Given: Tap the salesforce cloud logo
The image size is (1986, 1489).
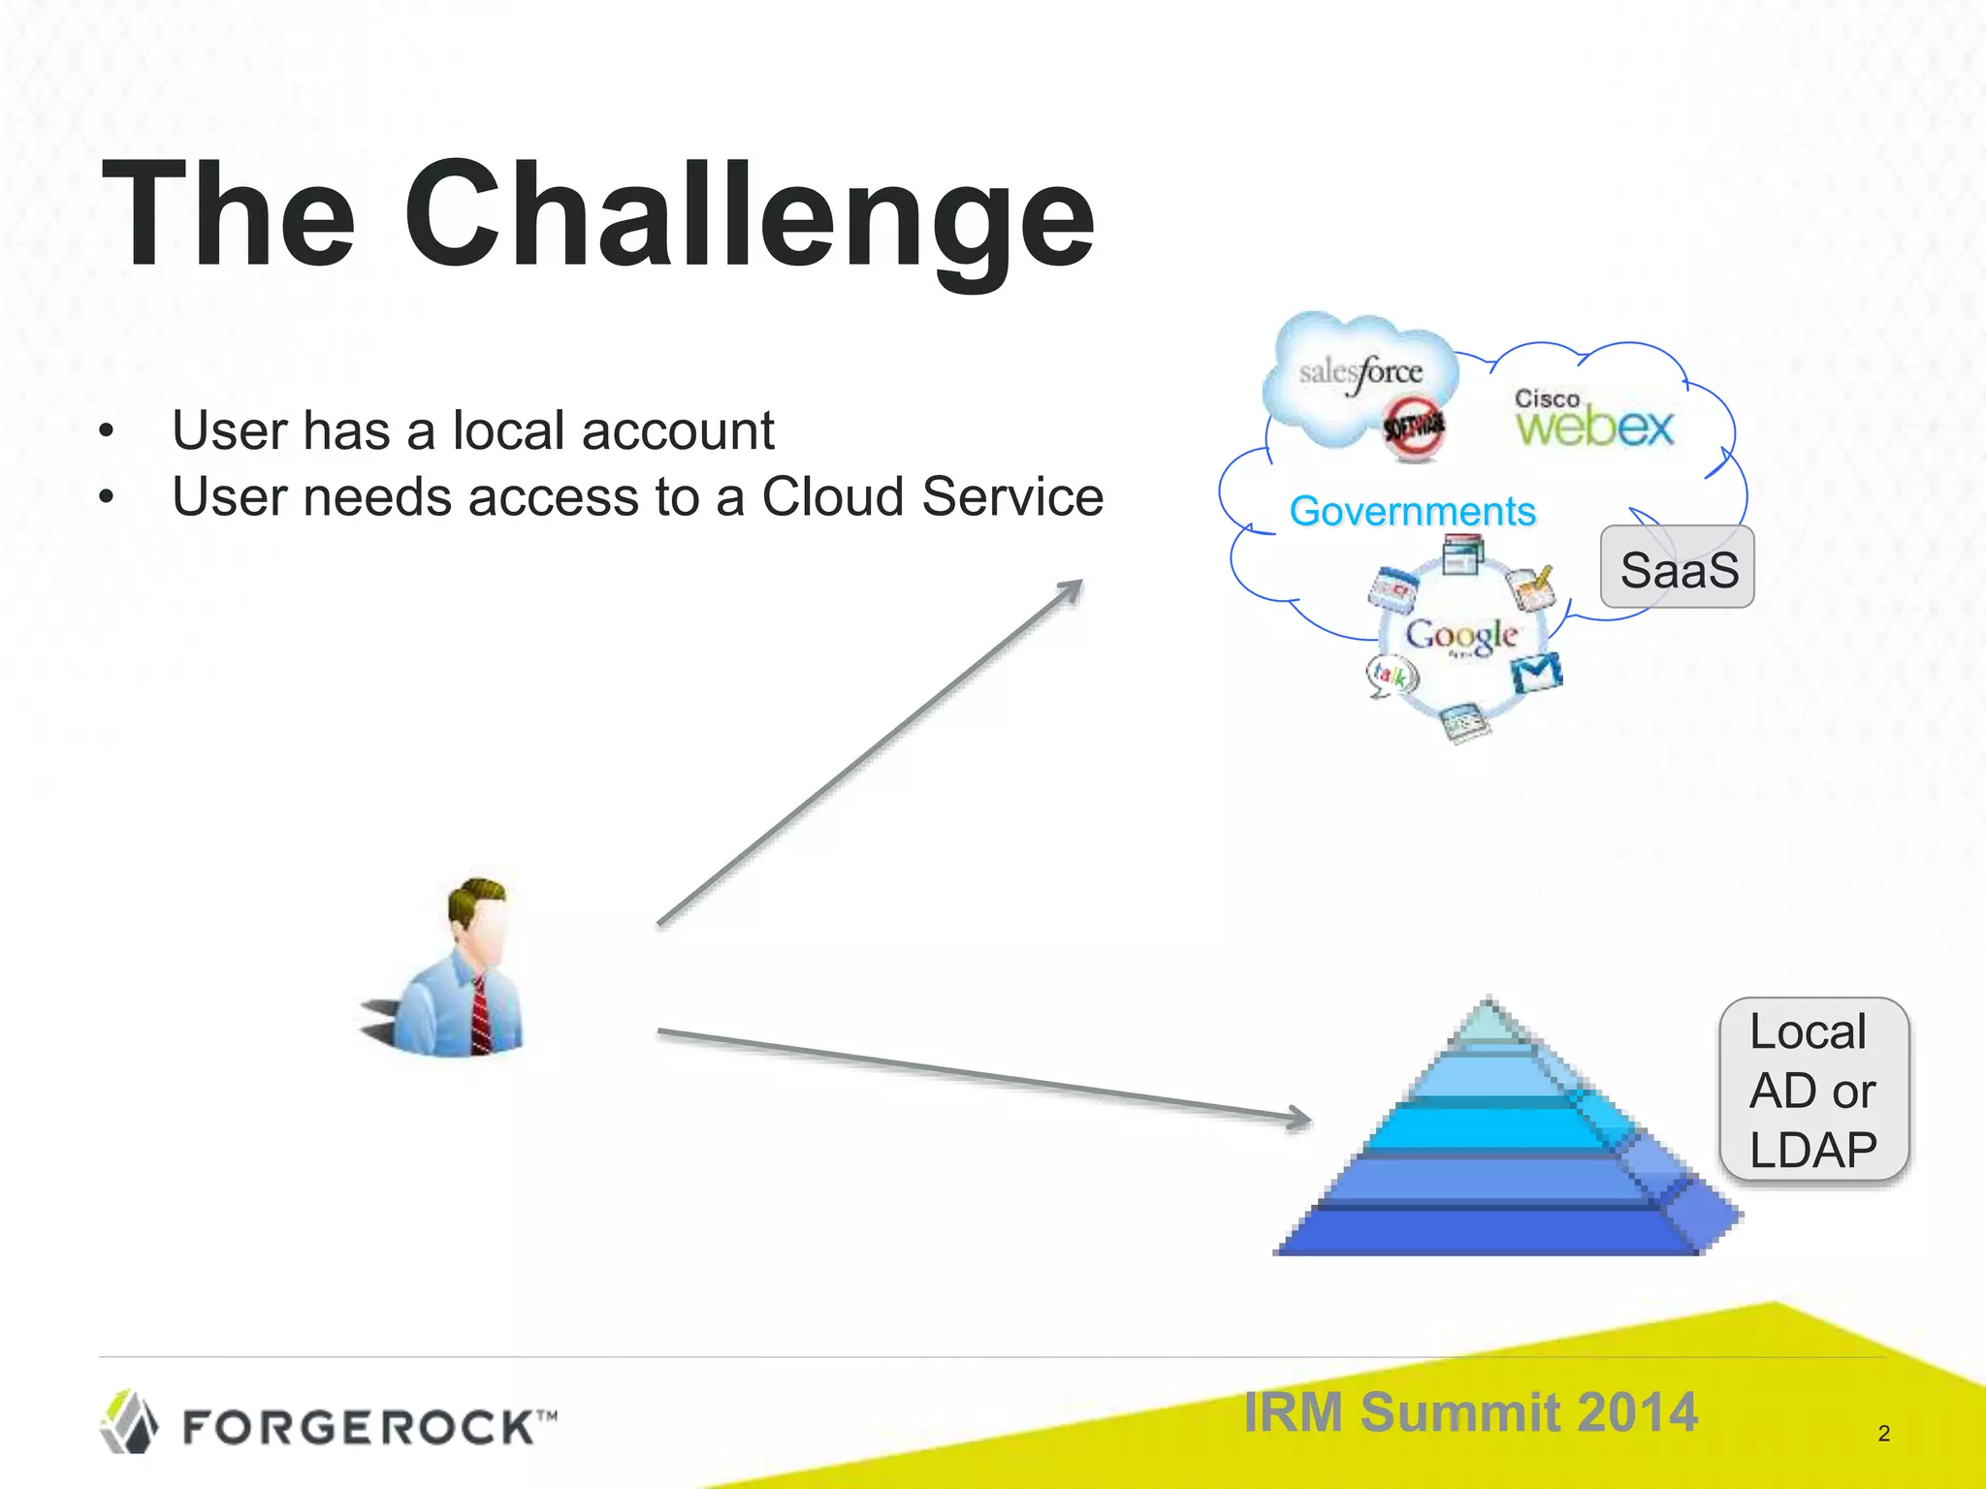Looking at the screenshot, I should point(1361,373).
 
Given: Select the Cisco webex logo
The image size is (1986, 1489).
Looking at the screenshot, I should point(1594,420).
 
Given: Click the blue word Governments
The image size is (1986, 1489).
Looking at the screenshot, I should point(1412,511).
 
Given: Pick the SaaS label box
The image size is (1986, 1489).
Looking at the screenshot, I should point(1678,568).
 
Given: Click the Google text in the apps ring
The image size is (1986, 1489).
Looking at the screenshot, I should point(1461,635).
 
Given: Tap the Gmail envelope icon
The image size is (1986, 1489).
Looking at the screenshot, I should point(1538,673).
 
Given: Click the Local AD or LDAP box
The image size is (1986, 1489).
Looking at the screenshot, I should point(1813,1090).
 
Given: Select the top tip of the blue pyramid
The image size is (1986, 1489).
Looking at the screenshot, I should point(1489,1008).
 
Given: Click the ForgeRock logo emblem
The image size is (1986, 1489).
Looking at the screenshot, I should point(129,1422).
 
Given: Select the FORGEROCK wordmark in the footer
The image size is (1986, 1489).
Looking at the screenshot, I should point(368,1427).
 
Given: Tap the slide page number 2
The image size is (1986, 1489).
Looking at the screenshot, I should point(1883,1433).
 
